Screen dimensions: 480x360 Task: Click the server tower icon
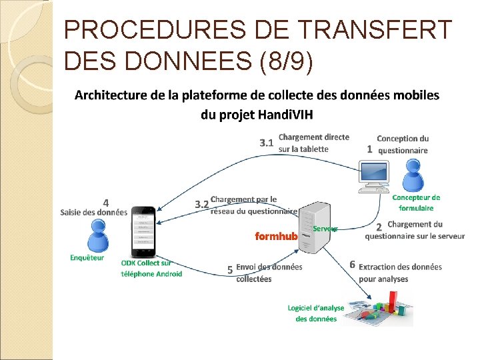[x=313, y=227]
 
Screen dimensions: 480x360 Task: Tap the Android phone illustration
[x=143, y=231]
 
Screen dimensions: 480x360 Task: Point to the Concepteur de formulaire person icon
[x=414, y=176]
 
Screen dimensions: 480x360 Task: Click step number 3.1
[x=267, y=142]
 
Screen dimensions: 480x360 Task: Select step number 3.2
[x=201, y=204]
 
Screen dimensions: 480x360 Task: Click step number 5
[x=229, y=269]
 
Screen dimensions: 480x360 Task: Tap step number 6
[x=352, y=265]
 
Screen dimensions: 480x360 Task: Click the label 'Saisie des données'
[x=93, y=213]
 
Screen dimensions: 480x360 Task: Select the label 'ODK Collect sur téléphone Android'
[x=151, y=268]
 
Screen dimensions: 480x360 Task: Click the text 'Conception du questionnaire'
[x=403, y=145]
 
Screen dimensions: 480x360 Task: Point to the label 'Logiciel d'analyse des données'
[x=316, y=313]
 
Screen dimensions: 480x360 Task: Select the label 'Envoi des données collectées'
[x=269, y=273]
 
